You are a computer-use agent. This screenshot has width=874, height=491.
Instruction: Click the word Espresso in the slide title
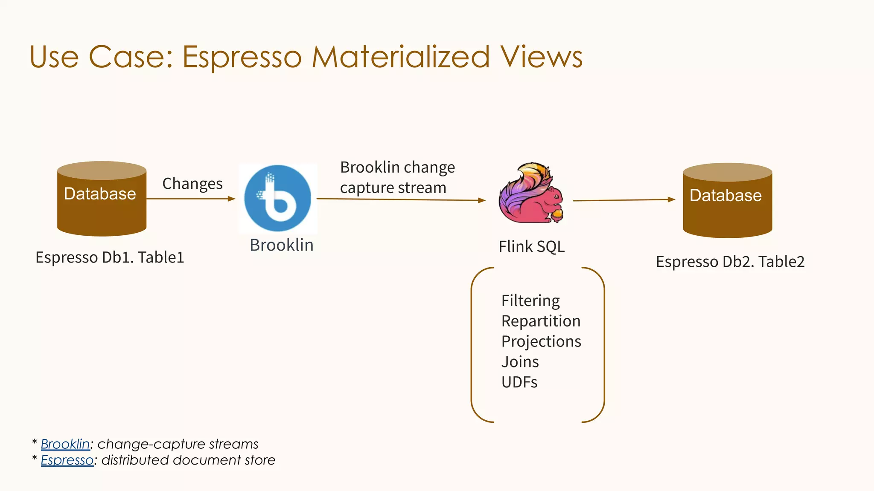click(242, 57)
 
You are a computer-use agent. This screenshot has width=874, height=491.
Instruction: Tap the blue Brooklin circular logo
click(278, 199)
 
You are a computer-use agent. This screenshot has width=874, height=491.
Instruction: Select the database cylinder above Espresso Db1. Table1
click(102, 199)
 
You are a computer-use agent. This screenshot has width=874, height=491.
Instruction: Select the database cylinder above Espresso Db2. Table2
click(727, 200)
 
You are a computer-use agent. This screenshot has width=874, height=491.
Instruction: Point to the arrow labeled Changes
click(191, 199)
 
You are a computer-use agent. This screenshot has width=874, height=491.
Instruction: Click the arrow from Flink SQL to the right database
click(623, 199)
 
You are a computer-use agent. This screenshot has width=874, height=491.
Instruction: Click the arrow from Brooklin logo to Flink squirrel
click(401, 199)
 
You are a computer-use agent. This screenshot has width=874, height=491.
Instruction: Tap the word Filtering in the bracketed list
click(530, 301)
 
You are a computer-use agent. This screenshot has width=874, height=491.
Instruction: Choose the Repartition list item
click(541, 321)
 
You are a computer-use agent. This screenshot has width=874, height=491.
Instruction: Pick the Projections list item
click(541, 341)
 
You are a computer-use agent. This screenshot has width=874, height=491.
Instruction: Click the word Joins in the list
click(520, 362)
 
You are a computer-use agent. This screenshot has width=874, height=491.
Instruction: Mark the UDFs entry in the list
click(519, 382)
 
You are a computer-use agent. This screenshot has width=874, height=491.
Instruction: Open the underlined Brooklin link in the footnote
click(65, 444)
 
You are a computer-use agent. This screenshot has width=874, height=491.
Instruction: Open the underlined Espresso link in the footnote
click(67, 460)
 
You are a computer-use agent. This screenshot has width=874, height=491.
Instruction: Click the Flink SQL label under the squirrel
click(532, 246)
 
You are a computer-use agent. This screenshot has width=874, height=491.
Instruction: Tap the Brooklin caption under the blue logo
click(282, 245)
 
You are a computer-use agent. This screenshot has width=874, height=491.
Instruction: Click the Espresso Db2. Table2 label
click(730, 262)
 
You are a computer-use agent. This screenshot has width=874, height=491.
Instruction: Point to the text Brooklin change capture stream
click(397, 177)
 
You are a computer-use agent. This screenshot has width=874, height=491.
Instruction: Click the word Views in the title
click(542, 57)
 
